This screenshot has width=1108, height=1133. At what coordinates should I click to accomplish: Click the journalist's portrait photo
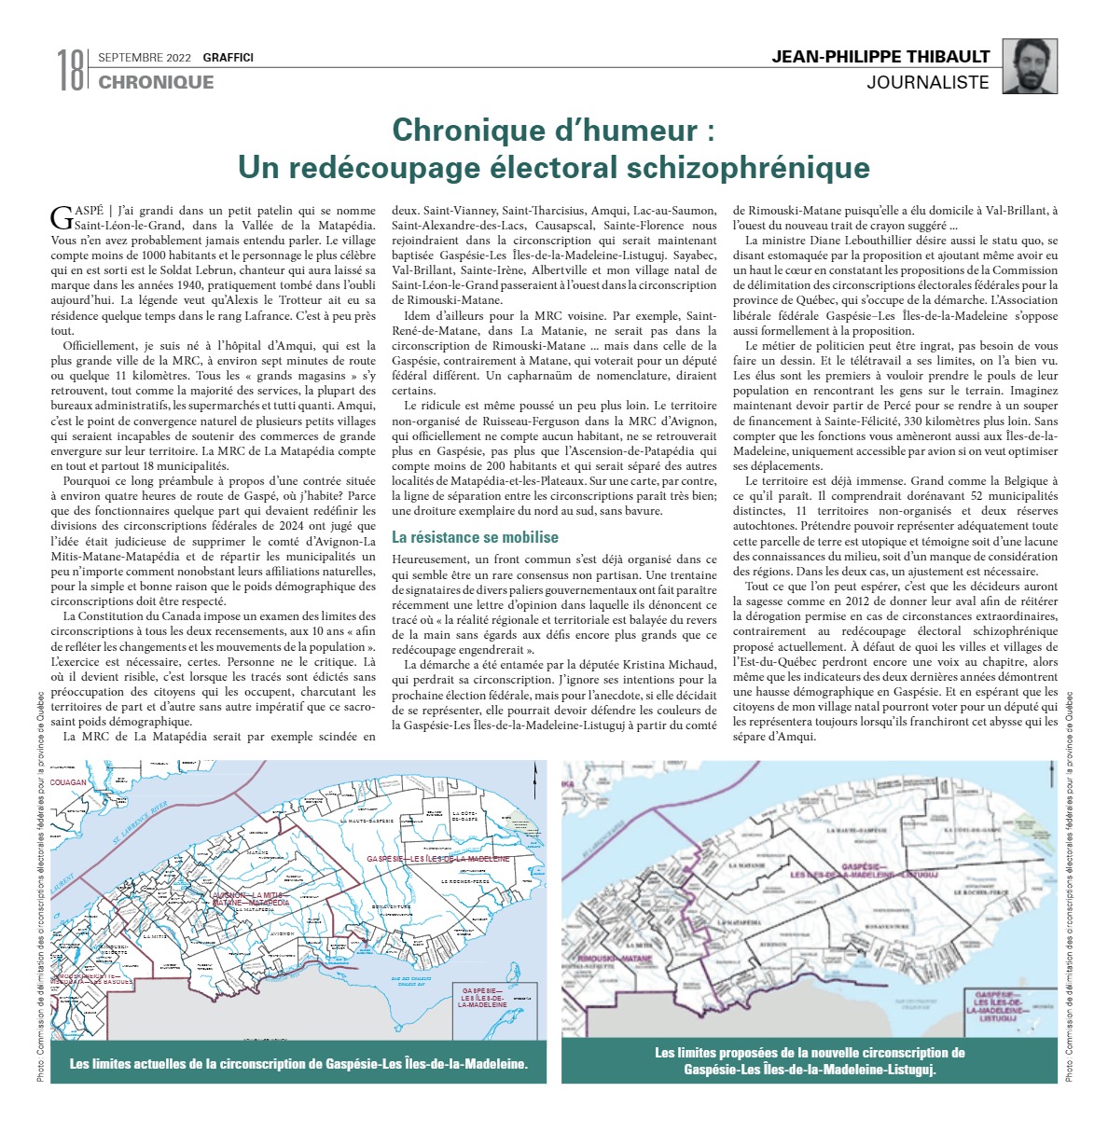tap(1030, 67)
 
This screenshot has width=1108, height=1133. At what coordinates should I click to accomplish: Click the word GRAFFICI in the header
tap(229, 58)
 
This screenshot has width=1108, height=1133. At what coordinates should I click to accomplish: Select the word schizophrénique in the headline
tap(748, 168)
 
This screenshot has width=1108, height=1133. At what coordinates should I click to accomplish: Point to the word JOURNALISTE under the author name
tap(928, 82)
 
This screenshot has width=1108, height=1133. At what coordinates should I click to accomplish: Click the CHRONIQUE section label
tap(156, 82)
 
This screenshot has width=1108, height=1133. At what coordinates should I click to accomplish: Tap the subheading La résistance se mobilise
tap(475, 537)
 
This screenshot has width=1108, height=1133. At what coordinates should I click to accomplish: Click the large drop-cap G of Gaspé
tap(62, 217)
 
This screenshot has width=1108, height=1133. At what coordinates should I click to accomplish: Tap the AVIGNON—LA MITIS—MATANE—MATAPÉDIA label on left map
tap(251, 899)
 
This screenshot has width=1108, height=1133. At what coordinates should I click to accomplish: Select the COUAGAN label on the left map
tap(68, 782)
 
